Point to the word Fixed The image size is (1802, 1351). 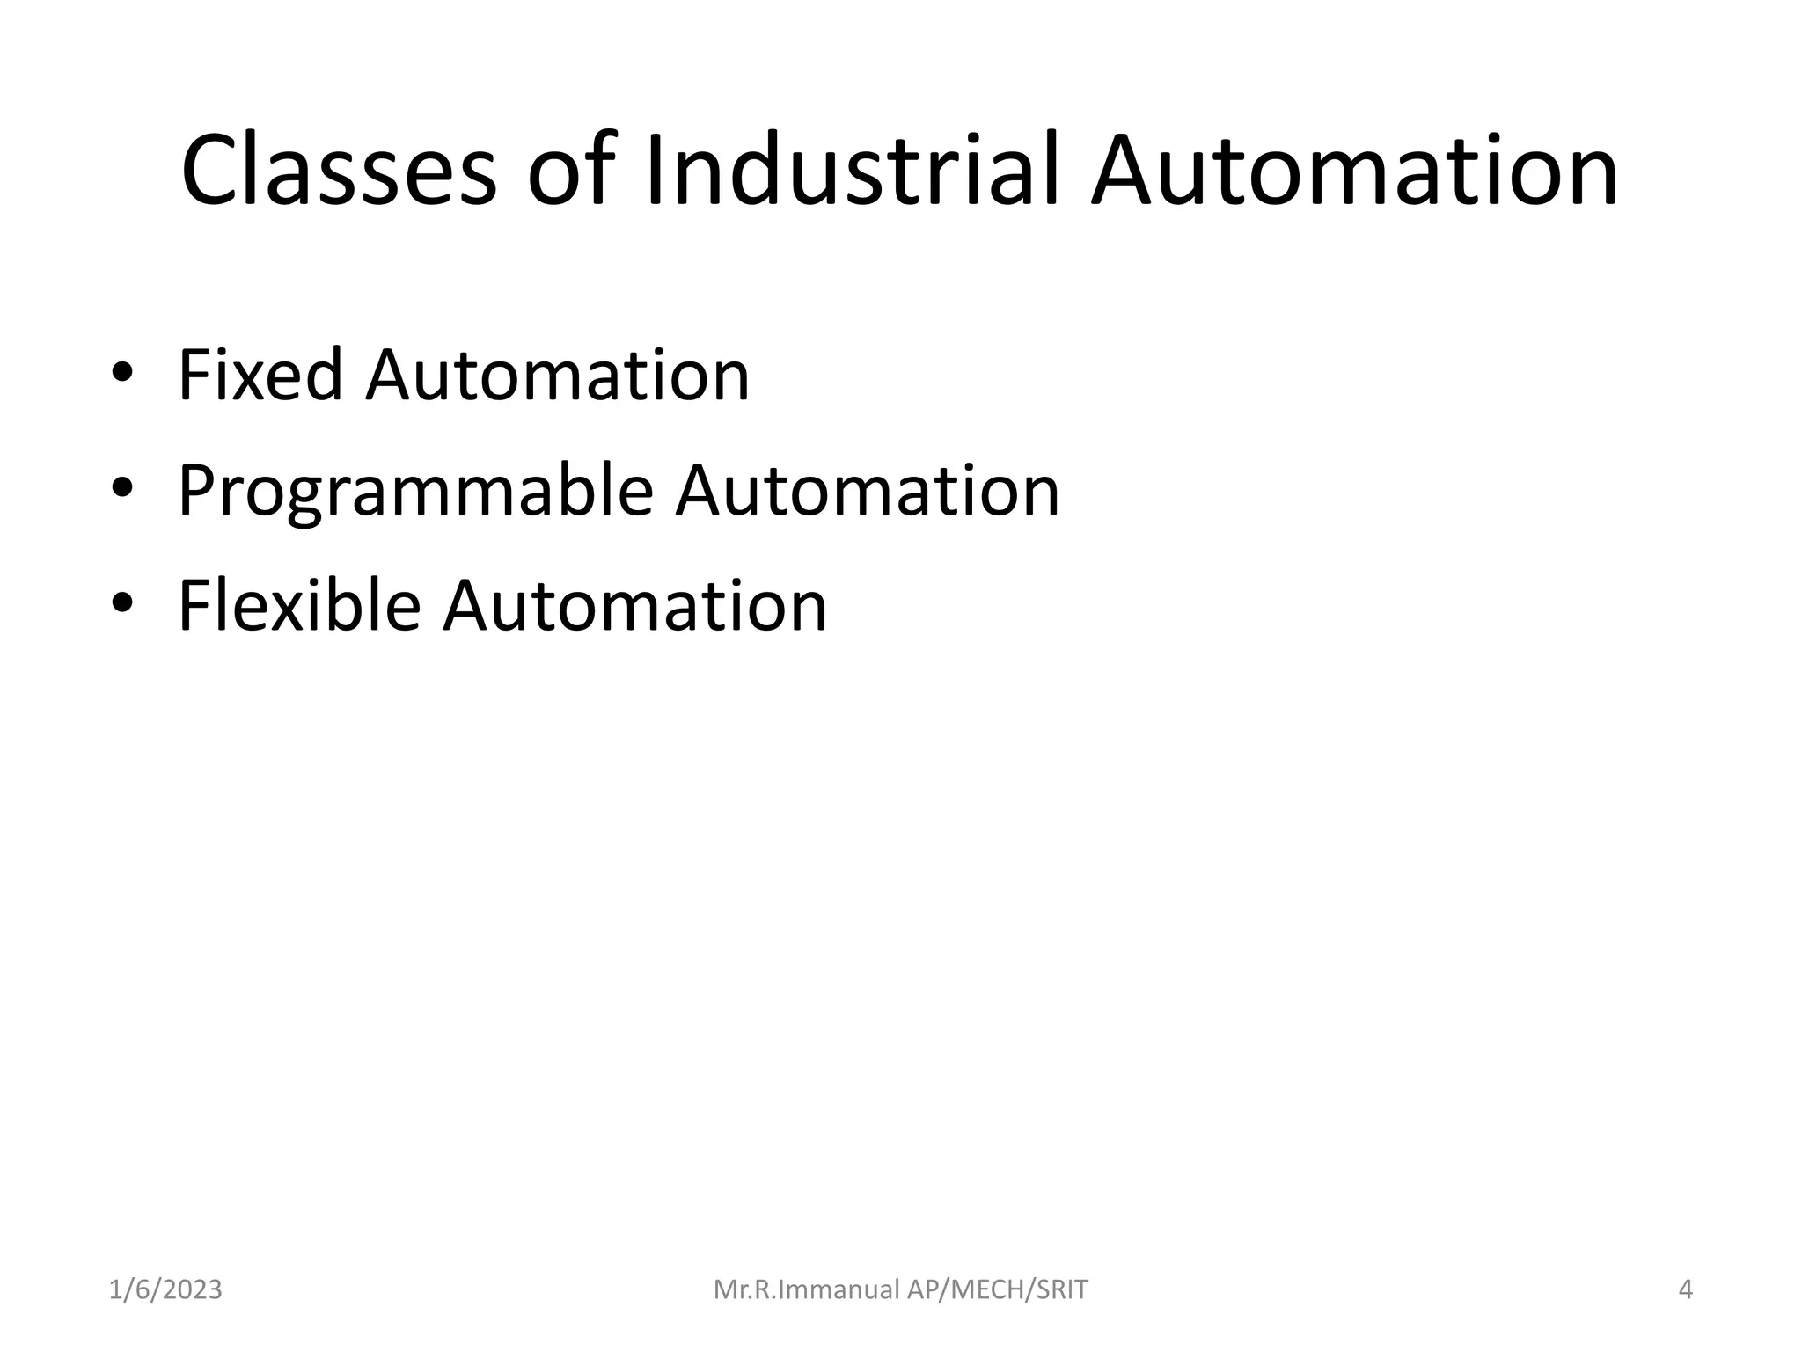click(260, 376)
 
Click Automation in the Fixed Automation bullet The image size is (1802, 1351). click(558, 376)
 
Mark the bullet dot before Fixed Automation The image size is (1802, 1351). click(122, 375)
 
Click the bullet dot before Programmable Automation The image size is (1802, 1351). click(122, 489)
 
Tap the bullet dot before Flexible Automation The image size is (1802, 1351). click(122, 604)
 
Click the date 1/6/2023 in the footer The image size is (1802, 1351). click(165, 1289)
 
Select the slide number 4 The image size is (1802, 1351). click(1686, 1289)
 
